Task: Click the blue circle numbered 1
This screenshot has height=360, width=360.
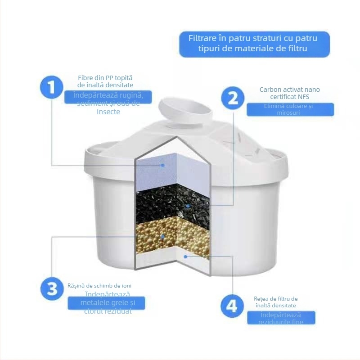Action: click(52, 87)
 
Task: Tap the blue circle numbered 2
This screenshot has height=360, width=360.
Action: click(233, 98)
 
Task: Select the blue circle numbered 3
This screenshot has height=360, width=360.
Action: click(53, 288)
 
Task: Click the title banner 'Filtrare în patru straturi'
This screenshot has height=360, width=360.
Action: click(254, 44)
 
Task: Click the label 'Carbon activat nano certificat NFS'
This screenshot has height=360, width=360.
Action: click(290, 93)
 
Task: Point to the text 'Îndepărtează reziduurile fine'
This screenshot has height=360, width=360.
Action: click(281, 318)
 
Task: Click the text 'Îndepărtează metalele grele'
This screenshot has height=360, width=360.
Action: click(107, 302)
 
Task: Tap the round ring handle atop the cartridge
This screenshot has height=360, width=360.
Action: click(184, 108)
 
